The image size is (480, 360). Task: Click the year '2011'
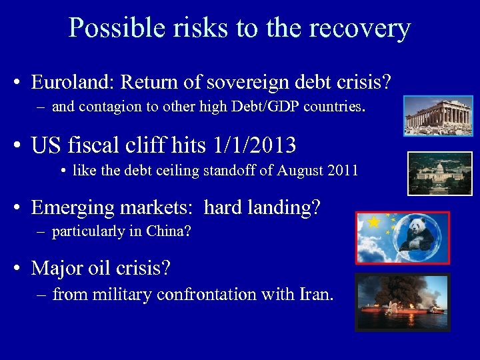pyautogui.click(x=342, y=170)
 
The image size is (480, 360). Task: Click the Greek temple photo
pyautogui.click(x=437, y=115)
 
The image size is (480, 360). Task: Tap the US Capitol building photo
pyautogui.click(x=439, y=173)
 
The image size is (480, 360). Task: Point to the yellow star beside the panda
pyautogui.click(x=374, y=222)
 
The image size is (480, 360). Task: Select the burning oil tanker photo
pyautogui.click(x=402, y=301)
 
